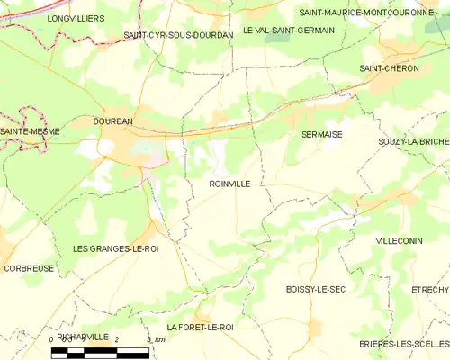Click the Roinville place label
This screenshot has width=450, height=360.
tap(229, 183)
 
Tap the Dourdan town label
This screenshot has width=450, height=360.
tap(112, 121)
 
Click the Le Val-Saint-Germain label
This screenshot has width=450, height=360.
tap(288, 30)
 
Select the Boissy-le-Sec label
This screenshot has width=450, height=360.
tap(315, 289)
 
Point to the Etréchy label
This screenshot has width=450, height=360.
tap(429, 289)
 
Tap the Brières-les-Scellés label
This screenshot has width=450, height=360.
tap(402, 344)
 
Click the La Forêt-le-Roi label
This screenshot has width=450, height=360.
tap(200, 327)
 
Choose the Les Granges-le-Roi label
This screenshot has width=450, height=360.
tap(116, 248)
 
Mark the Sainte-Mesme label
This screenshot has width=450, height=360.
tap(31, 131)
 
